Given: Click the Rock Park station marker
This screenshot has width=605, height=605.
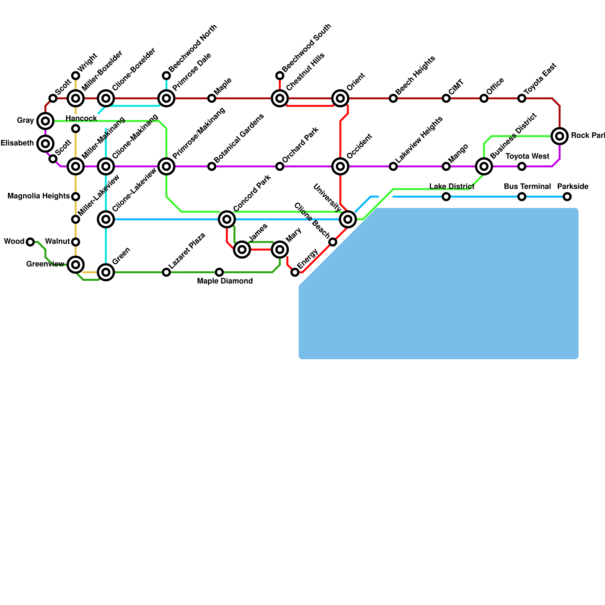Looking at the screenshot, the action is [560, 136].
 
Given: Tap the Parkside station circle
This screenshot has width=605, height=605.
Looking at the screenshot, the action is [567, 197].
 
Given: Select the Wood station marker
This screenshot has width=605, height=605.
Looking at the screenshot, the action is [30, 242].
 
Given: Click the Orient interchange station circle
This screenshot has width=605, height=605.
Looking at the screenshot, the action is [340, 98].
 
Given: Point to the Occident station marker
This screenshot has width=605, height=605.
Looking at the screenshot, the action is [340, 166].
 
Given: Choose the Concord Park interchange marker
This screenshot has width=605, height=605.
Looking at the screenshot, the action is [227, 219].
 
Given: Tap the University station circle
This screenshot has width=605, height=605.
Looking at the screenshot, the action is [348, 219].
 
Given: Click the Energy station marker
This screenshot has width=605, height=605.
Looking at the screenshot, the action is [295, 272].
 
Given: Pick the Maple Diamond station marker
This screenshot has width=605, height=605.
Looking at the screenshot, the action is [219, 272].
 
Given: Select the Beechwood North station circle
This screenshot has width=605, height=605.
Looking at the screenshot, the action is [166, 76].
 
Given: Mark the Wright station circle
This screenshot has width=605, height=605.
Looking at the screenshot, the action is [76, 76].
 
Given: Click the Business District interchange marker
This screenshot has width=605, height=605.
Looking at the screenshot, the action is [484, 166].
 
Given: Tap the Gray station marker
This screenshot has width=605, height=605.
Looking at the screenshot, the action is [45, 121].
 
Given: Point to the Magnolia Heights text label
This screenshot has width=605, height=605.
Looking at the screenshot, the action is [39, 196].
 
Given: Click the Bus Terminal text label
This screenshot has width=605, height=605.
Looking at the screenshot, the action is [527, 186].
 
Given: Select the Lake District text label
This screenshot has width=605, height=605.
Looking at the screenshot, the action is [451, 186].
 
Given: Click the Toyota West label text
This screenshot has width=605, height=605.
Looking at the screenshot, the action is [527, 156].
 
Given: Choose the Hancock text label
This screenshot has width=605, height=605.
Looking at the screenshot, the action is [81, 118].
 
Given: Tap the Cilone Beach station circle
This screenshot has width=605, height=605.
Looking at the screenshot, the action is [333, 242].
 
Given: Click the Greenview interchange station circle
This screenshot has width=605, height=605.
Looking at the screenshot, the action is [76, 265].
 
